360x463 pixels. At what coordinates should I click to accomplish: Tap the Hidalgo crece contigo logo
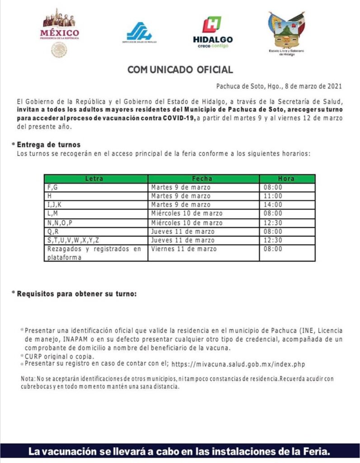[213, 33]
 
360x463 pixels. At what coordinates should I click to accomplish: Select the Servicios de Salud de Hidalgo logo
[139, 33]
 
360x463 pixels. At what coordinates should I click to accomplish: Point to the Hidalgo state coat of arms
[286, 33]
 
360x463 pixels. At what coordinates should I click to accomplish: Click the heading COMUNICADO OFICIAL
[180, 70]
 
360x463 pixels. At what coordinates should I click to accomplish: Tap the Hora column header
[286, 179]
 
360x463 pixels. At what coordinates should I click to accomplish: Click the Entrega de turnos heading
[48, 145]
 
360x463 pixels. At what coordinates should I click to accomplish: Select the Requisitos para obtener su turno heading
[76, 293]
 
